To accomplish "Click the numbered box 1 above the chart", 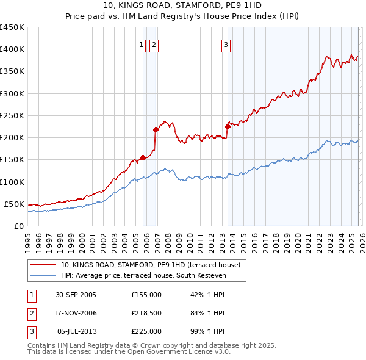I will [141, 45].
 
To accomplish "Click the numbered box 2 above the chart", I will [153, 45].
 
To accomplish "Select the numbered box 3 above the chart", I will [226, 45].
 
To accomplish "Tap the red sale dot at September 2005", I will [143, 157].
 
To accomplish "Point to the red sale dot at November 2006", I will [156, 129].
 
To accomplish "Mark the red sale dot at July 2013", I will [228, 126].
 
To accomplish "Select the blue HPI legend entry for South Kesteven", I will [143, 275].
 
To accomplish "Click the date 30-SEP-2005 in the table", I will [76, 295].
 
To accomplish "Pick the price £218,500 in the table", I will [146, 313].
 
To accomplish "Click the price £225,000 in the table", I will [146, 331].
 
